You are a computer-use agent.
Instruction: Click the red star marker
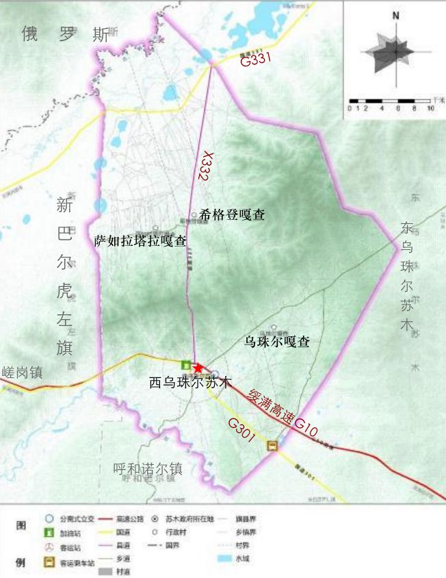(x=198, y=368)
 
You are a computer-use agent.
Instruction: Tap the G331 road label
(x=257, y=60)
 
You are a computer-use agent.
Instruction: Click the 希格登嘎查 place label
(x=232, y=214)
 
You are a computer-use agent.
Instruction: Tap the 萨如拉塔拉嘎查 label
(x=140, y=240)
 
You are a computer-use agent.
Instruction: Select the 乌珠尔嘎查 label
(x=276, y=341)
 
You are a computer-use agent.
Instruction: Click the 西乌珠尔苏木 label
(x=191, y=383)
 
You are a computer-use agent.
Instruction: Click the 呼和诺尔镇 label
(x=148, y=469)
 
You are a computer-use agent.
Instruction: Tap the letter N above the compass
(x=396, y=16)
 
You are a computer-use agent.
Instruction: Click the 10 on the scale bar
(x=430, y=109)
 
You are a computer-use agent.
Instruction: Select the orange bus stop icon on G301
(x=272, y=446)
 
